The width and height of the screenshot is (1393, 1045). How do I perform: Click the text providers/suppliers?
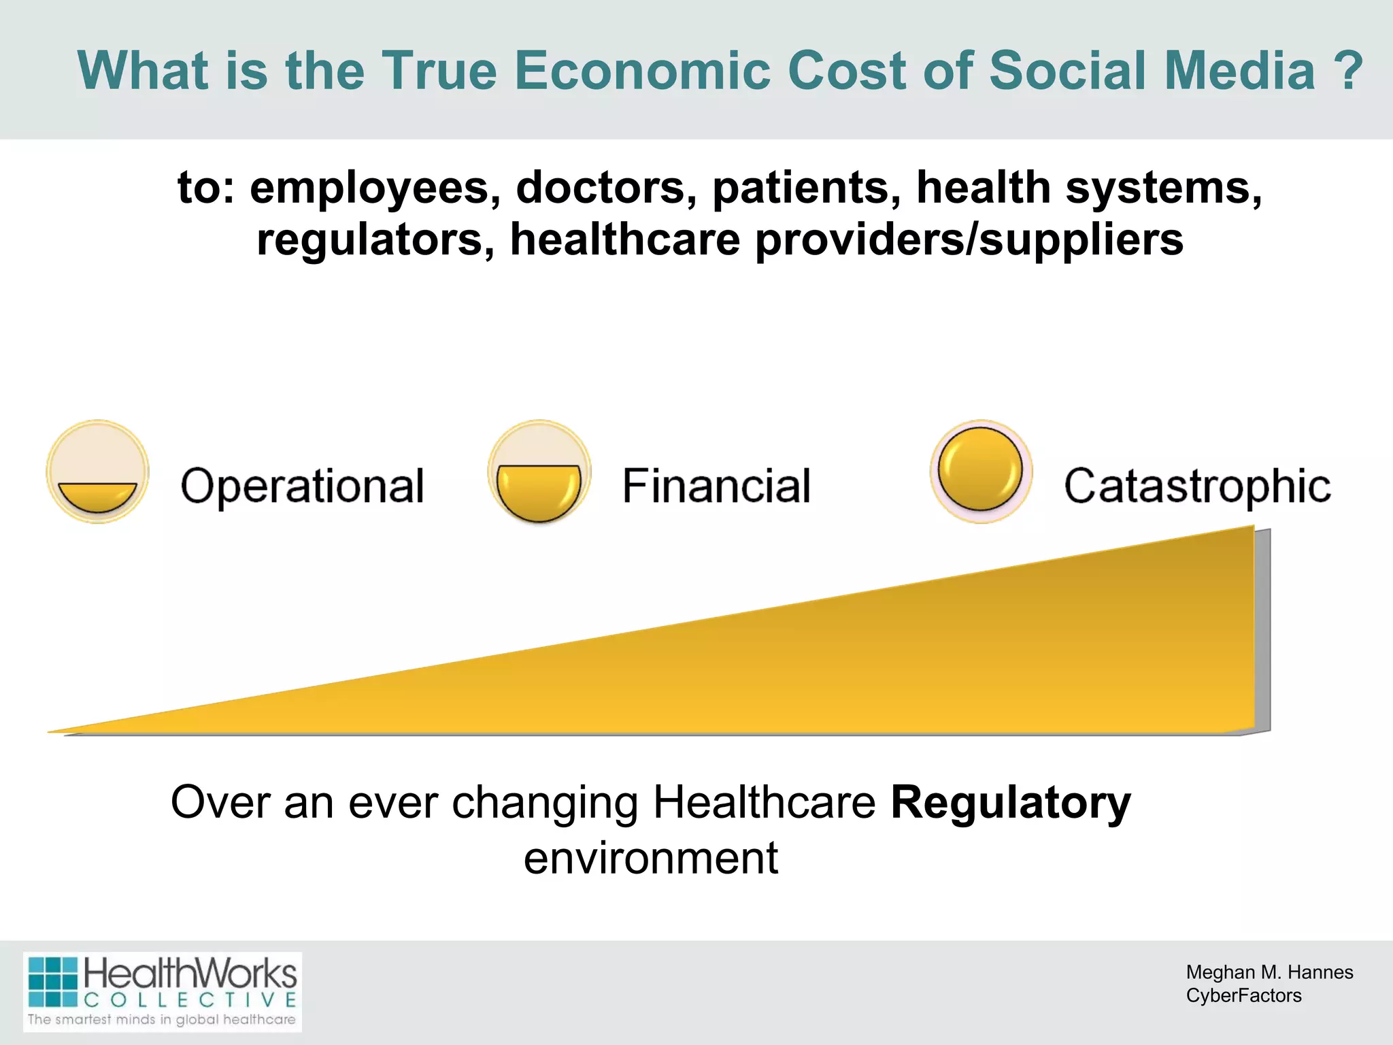pos(969,239)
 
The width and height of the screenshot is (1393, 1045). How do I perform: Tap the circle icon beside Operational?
pos(98,471)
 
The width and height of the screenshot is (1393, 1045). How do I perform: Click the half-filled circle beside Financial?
pos(539,471)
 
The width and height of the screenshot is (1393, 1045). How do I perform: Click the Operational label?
pos(303,486)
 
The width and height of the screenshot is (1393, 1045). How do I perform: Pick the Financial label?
pos(716,486)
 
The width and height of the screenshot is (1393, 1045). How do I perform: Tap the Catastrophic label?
pos(1197,486)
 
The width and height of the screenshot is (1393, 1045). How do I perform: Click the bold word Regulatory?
pos(1011,803)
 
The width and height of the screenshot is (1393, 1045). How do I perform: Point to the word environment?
pos(651,858)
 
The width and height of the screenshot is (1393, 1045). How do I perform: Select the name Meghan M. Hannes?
pos(1269,972)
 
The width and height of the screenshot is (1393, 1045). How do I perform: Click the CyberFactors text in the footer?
pos(1243,995)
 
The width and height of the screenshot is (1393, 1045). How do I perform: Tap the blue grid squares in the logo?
pos(53,982)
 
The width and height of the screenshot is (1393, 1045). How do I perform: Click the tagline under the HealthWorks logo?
pos(162,1019)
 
